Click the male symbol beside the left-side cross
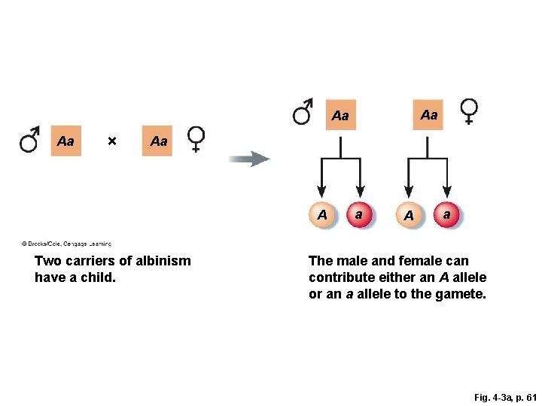coord(31,140)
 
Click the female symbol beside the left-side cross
coord(196,138)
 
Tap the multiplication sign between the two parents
coord(111,141)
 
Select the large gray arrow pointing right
coord(249,159)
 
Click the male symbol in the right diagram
coord(303,111)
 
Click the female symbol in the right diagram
coord(468,111)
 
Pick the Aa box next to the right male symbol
coord(340,116)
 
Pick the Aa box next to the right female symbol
coord(428,114)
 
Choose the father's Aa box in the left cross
coord(65,141)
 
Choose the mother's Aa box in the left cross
coord(158,141)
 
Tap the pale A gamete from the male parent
coord(321,215)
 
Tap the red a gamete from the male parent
coord(359,215)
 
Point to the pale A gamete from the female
coord(408,216)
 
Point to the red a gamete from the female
coord(447,215)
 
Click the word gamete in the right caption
coord(463,294)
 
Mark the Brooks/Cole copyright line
coord(66,244)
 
